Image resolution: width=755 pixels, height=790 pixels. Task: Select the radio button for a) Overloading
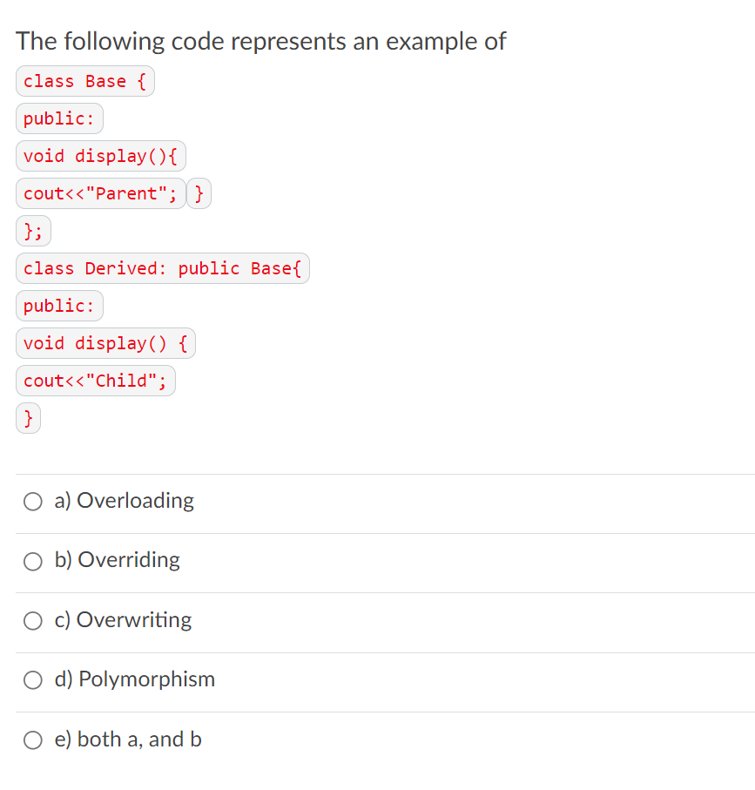click(x=33, y=501)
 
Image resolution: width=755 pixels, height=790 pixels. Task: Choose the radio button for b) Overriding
click(x=33, y=561)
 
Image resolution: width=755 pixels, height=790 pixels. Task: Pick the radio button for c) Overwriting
click(x=33, y=620)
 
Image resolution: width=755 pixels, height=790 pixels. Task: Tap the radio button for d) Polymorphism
click(x=33, y=680)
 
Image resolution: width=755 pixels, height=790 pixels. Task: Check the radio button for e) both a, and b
click(x=33, y=739)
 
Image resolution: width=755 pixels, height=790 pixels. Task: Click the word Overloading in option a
click(x=135, y=501)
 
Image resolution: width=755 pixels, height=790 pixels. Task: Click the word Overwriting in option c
click(x=134, y=620)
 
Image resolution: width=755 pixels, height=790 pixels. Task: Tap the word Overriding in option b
click(x=129, y=560)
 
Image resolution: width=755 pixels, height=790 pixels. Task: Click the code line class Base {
click(x=84, y=81)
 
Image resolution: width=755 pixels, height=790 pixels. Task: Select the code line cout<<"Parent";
click(x=100, y=193)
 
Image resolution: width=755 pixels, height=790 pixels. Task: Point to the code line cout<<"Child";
click(x=95, y=381)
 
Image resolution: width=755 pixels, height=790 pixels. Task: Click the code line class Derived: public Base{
click(x=162, y=268)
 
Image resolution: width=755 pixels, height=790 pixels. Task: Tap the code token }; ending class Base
click(x=33, y=231)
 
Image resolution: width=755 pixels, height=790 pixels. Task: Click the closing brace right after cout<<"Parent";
click(x=199, y=193)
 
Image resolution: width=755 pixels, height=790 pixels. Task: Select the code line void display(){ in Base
click(x=100, y=156)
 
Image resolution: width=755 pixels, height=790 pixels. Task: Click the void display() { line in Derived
click(x=105, y=343)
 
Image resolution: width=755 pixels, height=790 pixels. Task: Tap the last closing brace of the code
click(x=29, y=418)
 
